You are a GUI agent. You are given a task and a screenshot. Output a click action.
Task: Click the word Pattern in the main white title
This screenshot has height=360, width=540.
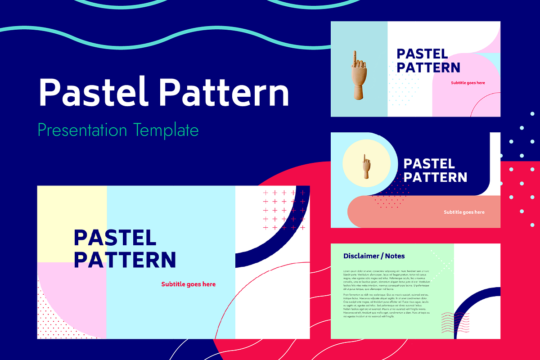224,92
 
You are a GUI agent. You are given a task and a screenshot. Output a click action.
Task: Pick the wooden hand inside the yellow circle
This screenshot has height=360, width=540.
366,166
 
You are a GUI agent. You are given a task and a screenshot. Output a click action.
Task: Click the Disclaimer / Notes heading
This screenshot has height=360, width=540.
374,256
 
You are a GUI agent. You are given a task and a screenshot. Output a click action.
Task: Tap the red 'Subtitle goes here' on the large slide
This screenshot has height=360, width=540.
188,284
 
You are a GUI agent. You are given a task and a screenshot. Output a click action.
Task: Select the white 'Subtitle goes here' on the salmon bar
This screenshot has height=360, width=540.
464,212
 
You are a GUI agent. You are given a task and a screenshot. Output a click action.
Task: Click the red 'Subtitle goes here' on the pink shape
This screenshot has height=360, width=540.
468,83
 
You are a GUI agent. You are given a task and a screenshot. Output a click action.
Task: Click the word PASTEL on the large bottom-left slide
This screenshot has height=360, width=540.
115,238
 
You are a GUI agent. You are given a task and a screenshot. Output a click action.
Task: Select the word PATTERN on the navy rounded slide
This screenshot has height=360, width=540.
435,177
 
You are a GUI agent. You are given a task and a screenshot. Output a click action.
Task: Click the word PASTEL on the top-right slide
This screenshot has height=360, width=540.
422,54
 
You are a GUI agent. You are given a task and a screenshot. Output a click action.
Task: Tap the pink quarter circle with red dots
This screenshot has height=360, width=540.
67,306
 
